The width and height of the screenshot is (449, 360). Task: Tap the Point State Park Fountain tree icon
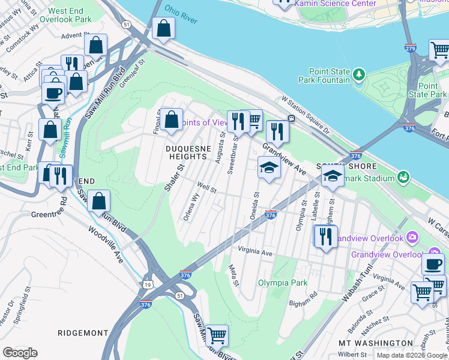point(360,74)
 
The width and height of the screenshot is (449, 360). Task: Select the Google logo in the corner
point(20,353)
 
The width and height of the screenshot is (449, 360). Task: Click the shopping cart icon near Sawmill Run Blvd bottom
point(216,335)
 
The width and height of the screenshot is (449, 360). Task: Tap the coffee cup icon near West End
point(53,92)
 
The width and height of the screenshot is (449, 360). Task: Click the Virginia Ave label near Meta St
point(255,253)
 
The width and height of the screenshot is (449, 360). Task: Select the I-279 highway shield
point(411,47)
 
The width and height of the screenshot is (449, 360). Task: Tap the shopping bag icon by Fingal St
point(172,118)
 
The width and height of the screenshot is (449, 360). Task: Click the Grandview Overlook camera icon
point(412,238)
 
